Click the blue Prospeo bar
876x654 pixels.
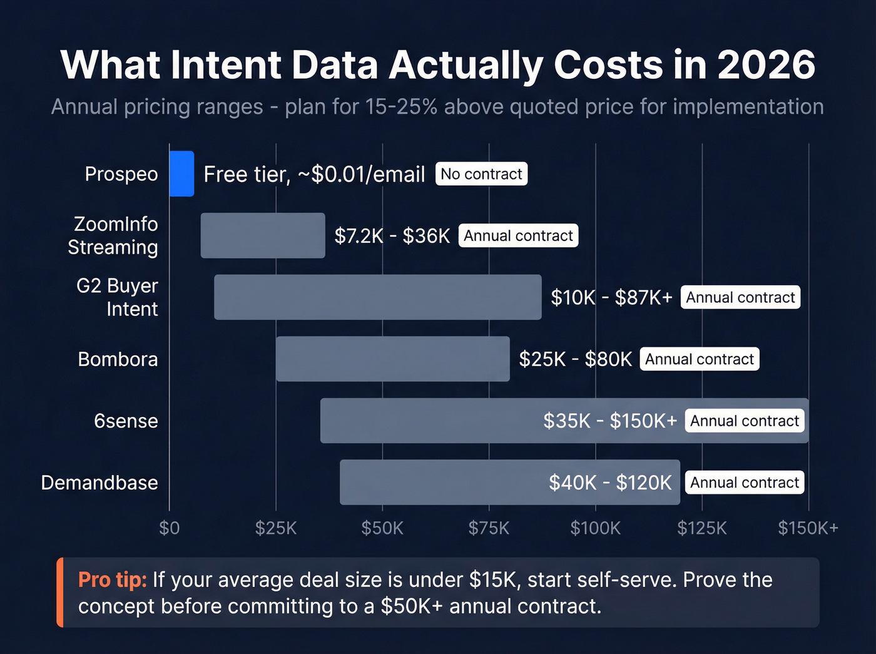pos(181,174)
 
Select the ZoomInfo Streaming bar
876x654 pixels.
pos(263,235)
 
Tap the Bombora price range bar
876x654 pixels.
pos(392,359)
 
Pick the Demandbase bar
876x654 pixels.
pos(438,483)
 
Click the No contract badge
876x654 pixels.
pos(481,174)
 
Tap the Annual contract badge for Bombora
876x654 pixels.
pos(699,359)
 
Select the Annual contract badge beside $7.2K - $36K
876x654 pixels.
pos(518,236)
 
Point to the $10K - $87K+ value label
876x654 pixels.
pos(611,297)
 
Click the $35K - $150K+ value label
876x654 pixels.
pos(609,421)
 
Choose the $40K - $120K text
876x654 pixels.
pos(609,483)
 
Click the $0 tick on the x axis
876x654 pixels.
pos(169,528)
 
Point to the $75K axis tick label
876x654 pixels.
pos(489,528)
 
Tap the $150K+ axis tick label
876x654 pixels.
pos(808,528)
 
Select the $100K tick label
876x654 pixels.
pos(595,528)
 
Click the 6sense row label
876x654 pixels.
pos(126,421)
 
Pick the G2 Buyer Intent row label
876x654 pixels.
pos(118,297)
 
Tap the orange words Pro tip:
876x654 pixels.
pos(113,580)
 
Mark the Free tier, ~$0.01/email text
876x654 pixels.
pos(314,174)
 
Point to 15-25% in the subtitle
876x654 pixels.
pos(400,106)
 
